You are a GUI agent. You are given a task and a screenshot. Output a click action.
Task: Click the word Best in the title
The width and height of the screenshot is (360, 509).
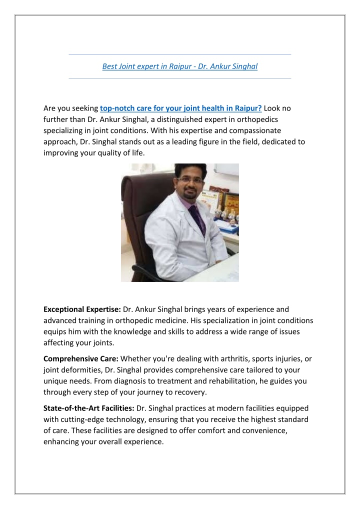point(109,66)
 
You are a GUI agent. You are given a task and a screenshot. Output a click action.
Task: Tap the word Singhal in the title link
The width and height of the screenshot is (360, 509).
point(245,66)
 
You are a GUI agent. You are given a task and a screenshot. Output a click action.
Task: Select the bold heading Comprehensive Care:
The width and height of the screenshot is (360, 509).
point(81,358)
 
